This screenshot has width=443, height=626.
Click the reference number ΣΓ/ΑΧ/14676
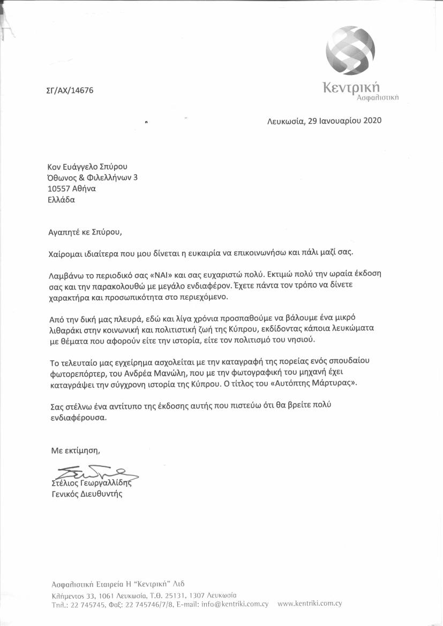pos(70,90)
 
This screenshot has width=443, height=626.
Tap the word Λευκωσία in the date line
pos(286,121)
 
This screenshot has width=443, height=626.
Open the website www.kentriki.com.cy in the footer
pos(310,604)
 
